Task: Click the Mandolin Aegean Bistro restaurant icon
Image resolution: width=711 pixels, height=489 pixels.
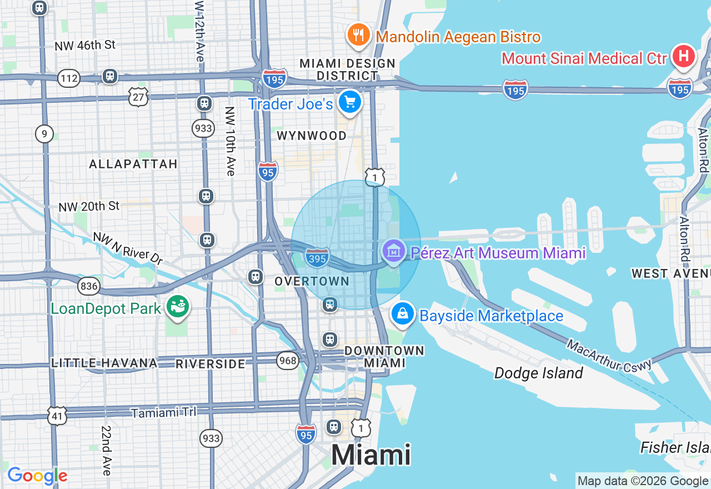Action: (359, 36)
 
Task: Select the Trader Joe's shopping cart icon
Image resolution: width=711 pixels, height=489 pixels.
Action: (350, 103)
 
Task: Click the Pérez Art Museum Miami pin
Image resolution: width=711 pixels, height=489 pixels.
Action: (393, 252)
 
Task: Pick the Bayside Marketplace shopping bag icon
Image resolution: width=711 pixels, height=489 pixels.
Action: (403, 315)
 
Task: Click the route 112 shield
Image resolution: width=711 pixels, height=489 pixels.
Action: (69, 78)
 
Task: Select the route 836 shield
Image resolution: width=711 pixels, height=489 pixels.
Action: (89, 286)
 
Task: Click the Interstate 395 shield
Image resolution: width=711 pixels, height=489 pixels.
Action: (317, 257)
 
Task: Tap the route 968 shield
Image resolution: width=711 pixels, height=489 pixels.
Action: (288, 361)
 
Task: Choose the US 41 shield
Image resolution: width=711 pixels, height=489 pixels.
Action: (57, 416)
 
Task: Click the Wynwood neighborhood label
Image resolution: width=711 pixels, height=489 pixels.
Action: (312, 136)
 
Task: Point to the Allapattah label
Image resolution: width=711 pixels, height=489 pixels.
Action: (133, 163)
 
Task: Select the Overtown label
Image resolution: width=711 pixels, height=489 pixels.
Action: (312, 281)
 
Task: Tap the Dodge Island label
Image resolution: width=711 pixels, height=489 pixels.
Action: (538, 373)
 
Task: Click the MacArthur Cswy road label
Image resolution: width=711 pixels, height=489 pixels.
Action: (609, 355)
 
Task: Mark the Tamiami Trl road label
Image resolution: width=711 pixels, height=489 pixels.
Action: (163, 413)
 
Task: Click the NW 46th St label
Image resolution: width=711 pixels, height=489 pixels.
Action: (85, 45)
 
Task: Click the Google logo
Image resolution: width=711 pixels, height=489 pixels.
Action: (37, 476)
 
